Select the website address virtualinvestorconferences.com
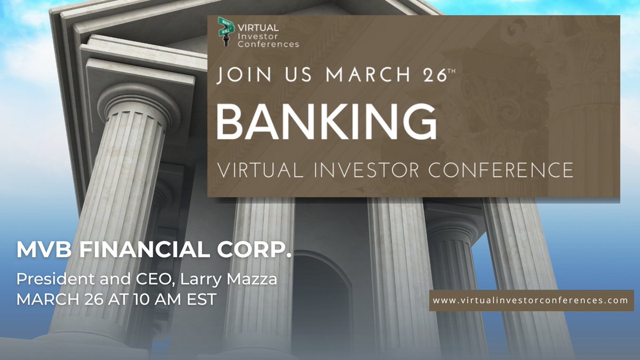pyautogui.click(x=531, y=300)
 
